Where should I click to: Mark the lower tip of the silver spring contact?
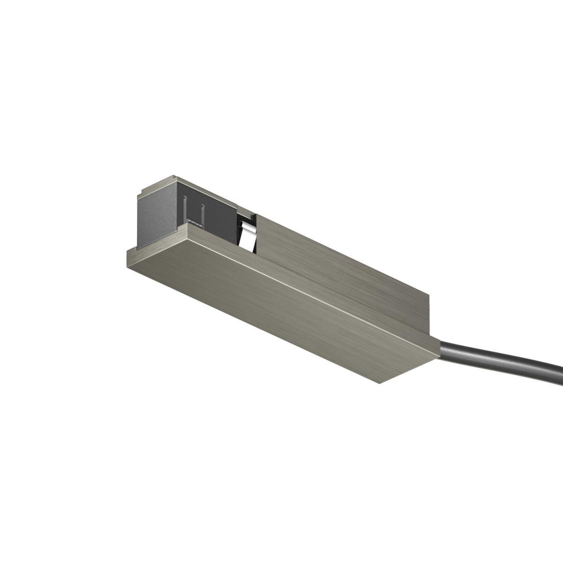coord(245,246)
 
